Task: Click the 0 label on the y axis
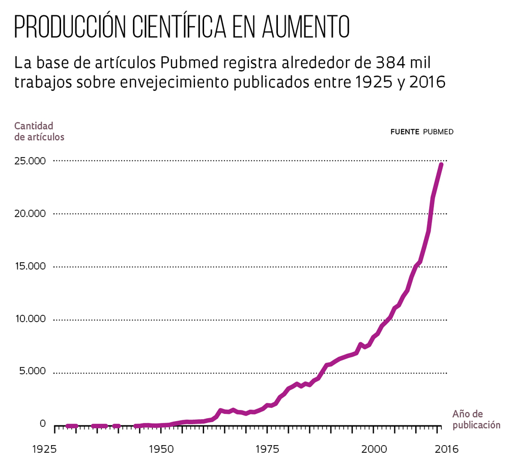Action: (x=43, y=424)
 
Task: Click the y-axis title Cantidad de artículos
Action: (x=39, y=131)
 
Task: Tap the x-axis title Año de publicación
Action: (x=476, y=419)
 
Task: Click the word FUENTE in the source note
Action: (x=405, y=132)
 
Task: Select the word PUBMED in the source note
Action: (x=438, y=132)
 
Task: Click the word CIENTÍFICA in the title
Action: (x=179, y=27)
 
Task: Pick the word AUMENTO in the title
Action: (x=305, y=27)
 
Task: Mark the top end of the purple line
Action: (x=441, y=165)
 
